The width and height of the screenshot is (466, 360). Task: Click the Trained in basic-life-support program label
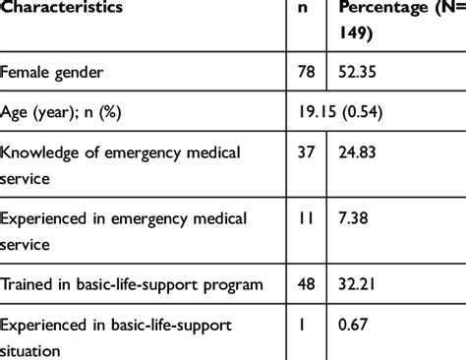(132, 286)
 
